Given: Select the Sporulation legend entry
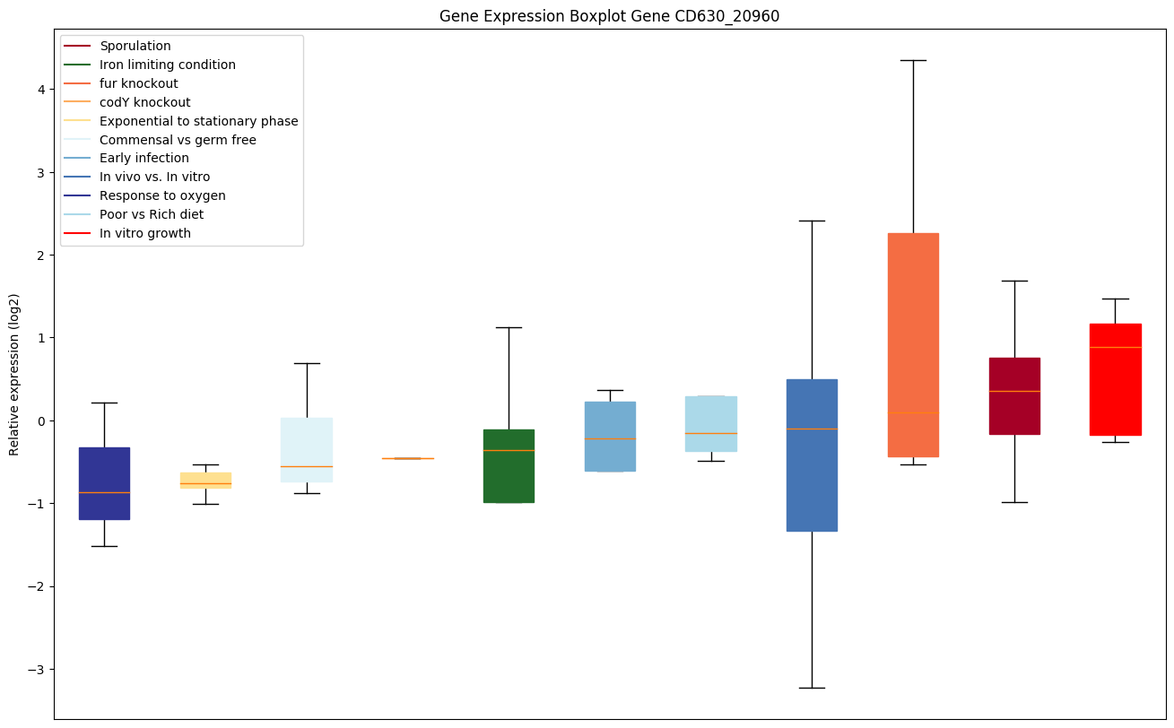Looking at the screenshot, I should [135, 46].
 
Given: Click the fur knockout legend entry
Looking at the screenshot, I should [139, 83].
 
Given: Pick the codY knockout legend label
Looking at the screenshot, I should [144, 102].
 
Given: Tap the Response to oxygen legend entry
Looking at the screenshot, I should [162, 195].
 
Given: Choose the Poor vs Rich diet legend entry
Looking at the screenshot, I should [152, 214].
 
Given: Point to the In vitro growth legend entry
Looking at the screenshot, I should [145, 233].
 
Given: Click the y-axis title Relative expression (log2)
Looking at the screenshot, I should [14, 375].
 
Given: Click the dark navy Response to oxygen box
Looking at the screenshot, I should [104, 483].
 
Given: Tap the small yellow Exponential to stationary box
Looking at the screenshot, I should [205, 480].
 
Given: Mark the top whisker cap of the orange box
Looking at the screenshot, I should [913, 60].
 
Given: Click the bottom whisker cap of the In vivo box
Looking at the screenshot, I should [812, 688].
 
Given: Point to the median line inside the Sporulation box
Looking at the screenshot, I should [1014, 391].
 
